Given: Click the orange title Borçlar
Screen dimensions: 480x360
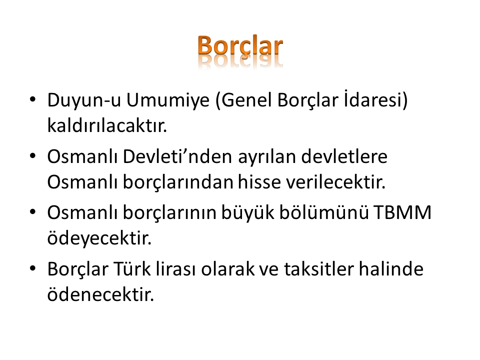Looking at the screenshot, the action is (240, 46).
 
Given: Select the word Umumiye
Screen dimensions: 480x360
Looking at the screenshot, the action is (168, 100).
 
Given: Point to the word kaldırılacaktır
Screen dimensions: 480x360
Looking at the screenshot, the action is (107, 125).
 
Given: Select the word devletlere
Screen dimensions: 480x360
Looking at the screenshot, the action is (344, 156).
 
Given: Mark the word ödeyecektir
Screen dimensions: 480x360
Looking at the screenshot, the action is (99, 238).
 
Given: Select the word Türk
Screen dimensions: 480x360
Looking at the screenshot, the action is (132, 269).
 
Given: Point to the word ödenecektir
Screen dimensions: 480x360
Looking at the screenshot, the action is (100, 294).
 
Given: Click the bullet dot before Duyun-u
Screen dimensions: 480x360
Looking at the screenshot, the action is (33, 99).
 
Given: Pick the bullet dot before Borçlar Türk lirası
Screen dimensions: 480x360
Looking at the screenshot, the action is (33, 268).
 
